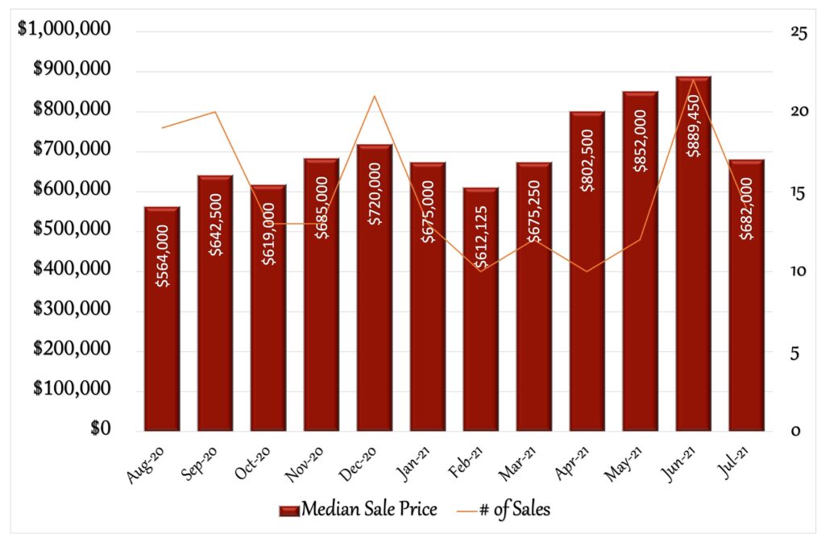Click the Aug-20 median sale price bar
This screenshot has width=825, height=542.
[161, 322]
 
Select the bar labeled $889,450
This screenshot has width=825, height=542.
[693, 258]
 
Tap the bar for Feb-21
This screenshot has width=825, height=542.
[480, 314]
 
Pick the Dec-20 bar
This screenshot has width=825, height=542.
[375, 290]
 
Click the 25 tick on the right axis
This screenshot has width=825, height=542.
[777, 32]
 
